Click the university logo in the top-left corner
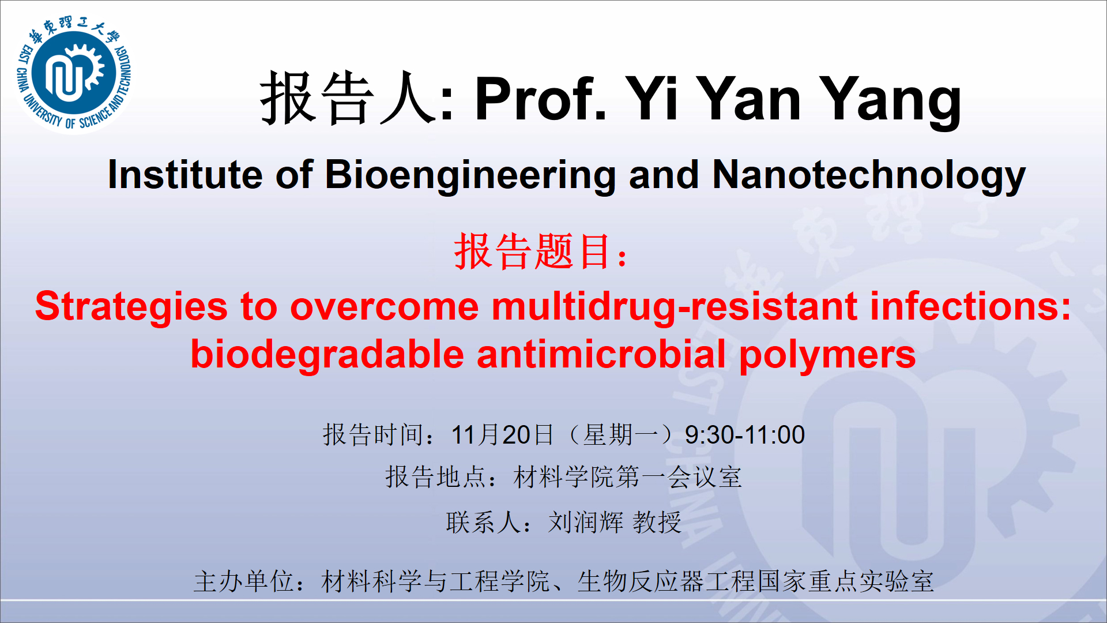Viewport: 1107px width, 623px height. pyautogui.click(x=74, y=75)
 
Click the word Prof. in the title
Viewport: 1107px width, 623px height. pyautogui.click(x=541, y=99)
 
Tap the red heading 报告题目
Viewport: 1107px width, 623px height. pyautogui.click(x=533, y=252)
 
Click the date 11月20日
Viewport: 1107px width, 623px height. pyautogui.click(x=502, y=435)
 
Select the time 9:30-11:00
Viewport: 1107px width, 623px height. pyautogui.click(x=744, y=435)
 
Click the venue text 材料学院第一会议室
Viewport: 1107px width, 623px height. pyautogui.click(x=627, y=478)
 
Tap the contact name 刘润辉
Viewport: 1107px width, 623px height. pyautogui.click(x=585, y=523)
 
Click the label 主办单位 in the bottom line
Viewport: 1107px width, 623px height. pyautogui.click(x=244, y=581)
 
